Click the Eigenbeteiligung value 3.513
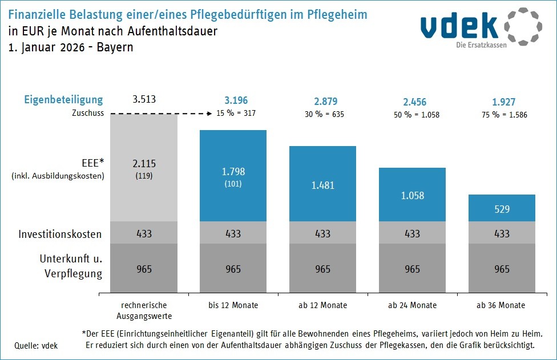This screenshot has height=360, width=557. tap(143, 100)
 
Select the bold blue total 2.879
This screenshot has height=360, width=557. tap(322, 102)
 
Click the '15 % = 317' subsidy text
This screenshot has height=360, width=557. tap(235, 113)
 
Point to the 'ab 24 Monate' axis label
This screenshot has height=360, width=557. tap(412, 305)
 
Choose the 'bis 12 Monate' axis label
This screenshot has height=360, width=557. tap(233, 305)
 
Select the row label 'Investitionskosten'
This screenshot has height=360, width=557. tap(60, 234)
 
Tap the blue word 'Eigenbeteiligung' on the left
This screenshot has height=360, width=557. tap(63, 100)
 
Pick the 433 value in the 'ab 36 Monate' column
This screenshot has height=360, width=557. tap(502, 233)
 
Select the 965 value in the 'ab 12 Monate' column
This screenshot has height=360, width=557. tap(322, 269)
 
